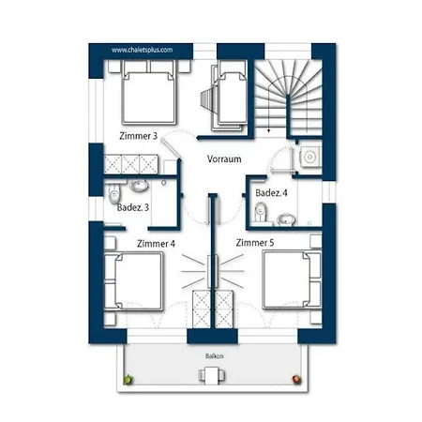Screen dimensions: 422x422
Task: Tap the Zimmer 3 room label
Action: (x=139, y=137)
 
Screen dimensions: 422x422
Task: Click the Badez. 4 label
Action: (x=270, y=193)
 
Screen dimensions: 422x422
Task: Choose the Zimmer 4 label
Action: (x=155, y=243)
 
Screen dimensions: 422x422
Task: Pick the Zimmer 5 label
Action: (x=255, y=243)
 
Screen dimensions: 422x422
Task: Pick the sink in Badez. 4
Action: (x=288, y=219)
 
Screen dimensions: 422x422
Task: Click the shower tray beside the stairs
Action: (x=308, y=158)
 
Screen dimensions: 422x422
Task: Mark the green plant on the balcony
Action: (x=128, y=379)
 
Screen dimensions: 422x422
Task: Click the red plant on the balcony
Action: (x=298, y=379)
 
